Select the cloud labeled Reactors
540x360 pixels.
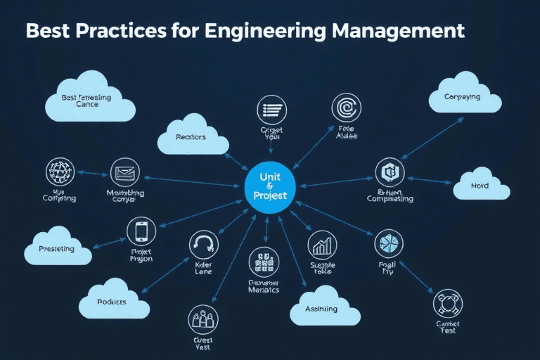[x=192, y=137]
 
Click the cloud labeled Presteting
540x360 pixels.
[x=58, y=248]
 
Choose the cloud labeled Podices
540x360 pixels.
[x=113, y=301]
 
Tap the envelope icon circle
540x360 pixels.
[x=124, y=172]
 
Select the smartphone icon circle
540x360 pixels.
[x=141, y=231]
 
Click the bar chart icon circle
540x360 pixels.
[x=323, y=245]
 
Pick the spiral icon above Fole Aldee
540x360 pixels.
[x=346, y=108]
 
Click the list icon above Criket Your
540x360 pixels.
[x=272, y=110]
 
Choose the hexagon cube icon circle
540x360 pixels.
[x=390, y=172]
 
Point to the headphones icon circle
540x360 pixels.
[x=204, y=244]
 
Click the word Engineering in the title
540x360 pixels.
[x=282, y=32]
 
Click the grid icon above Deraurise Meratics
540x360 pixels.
[x=264, y=262]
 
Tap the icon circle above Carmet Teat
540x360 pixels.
[x=448, y=303]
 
